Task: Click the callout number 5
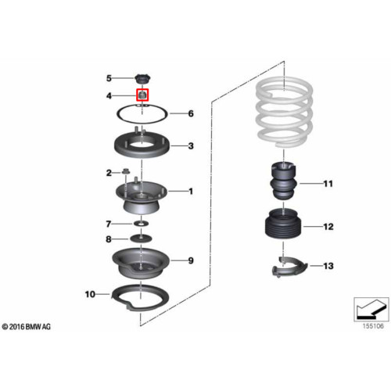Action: (109, 78)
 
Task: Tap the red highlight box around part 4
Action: (142, 95)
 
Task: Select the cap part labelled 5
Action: (143, 79)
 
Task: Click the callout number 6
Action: (191, 113)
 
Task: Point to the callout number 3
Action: (191, 146)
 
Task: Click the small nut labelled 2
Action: (125, 171)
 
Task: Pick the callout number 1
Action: (191, 192)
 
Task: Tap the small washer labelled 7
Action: (141, 224)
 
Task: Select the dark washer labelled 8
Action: (141, 239)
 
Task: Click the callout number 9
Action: (191, 260)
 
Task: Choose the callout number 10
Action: (90, 294)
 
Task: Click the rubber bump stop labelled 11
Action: (283, 181)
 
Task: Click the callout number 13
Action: (328, 266)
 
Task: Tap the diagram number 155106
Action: (373, 326)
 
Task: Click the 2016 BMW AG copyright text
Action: (27, 327)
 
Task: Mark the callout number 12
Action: (328, 227)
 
